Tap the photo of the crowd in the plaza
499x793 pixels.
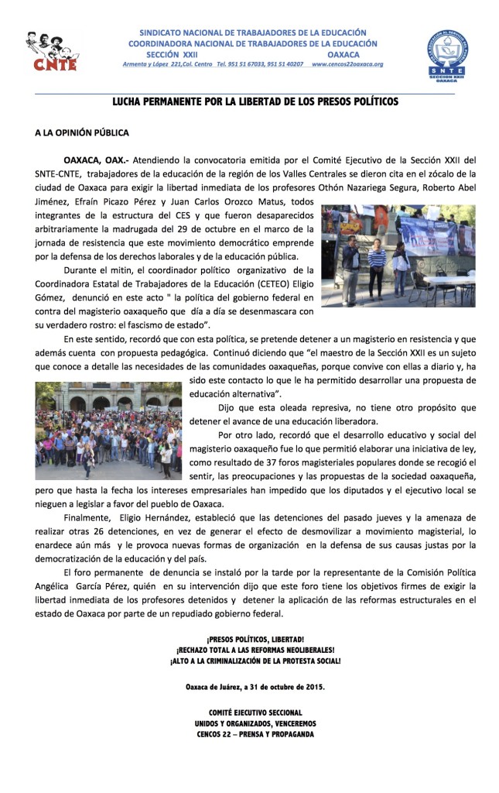[108, 431]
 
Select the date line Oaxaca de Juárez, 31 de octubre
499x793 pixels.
[255, 686]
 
